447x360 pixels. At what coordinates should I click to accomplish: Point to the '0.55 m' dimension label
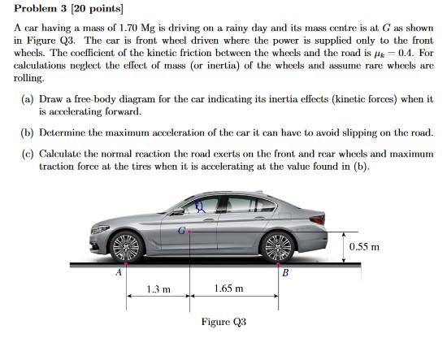363,246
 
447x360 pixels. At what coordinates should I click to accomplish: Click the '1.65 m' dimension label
228,288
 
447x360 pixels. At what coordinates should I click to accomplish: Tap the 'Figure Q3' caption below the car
223,322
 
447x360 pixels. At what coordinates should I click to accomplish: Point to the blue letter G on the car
182,230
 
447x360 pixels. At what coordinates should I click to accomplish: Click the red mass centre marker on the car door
190,232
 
